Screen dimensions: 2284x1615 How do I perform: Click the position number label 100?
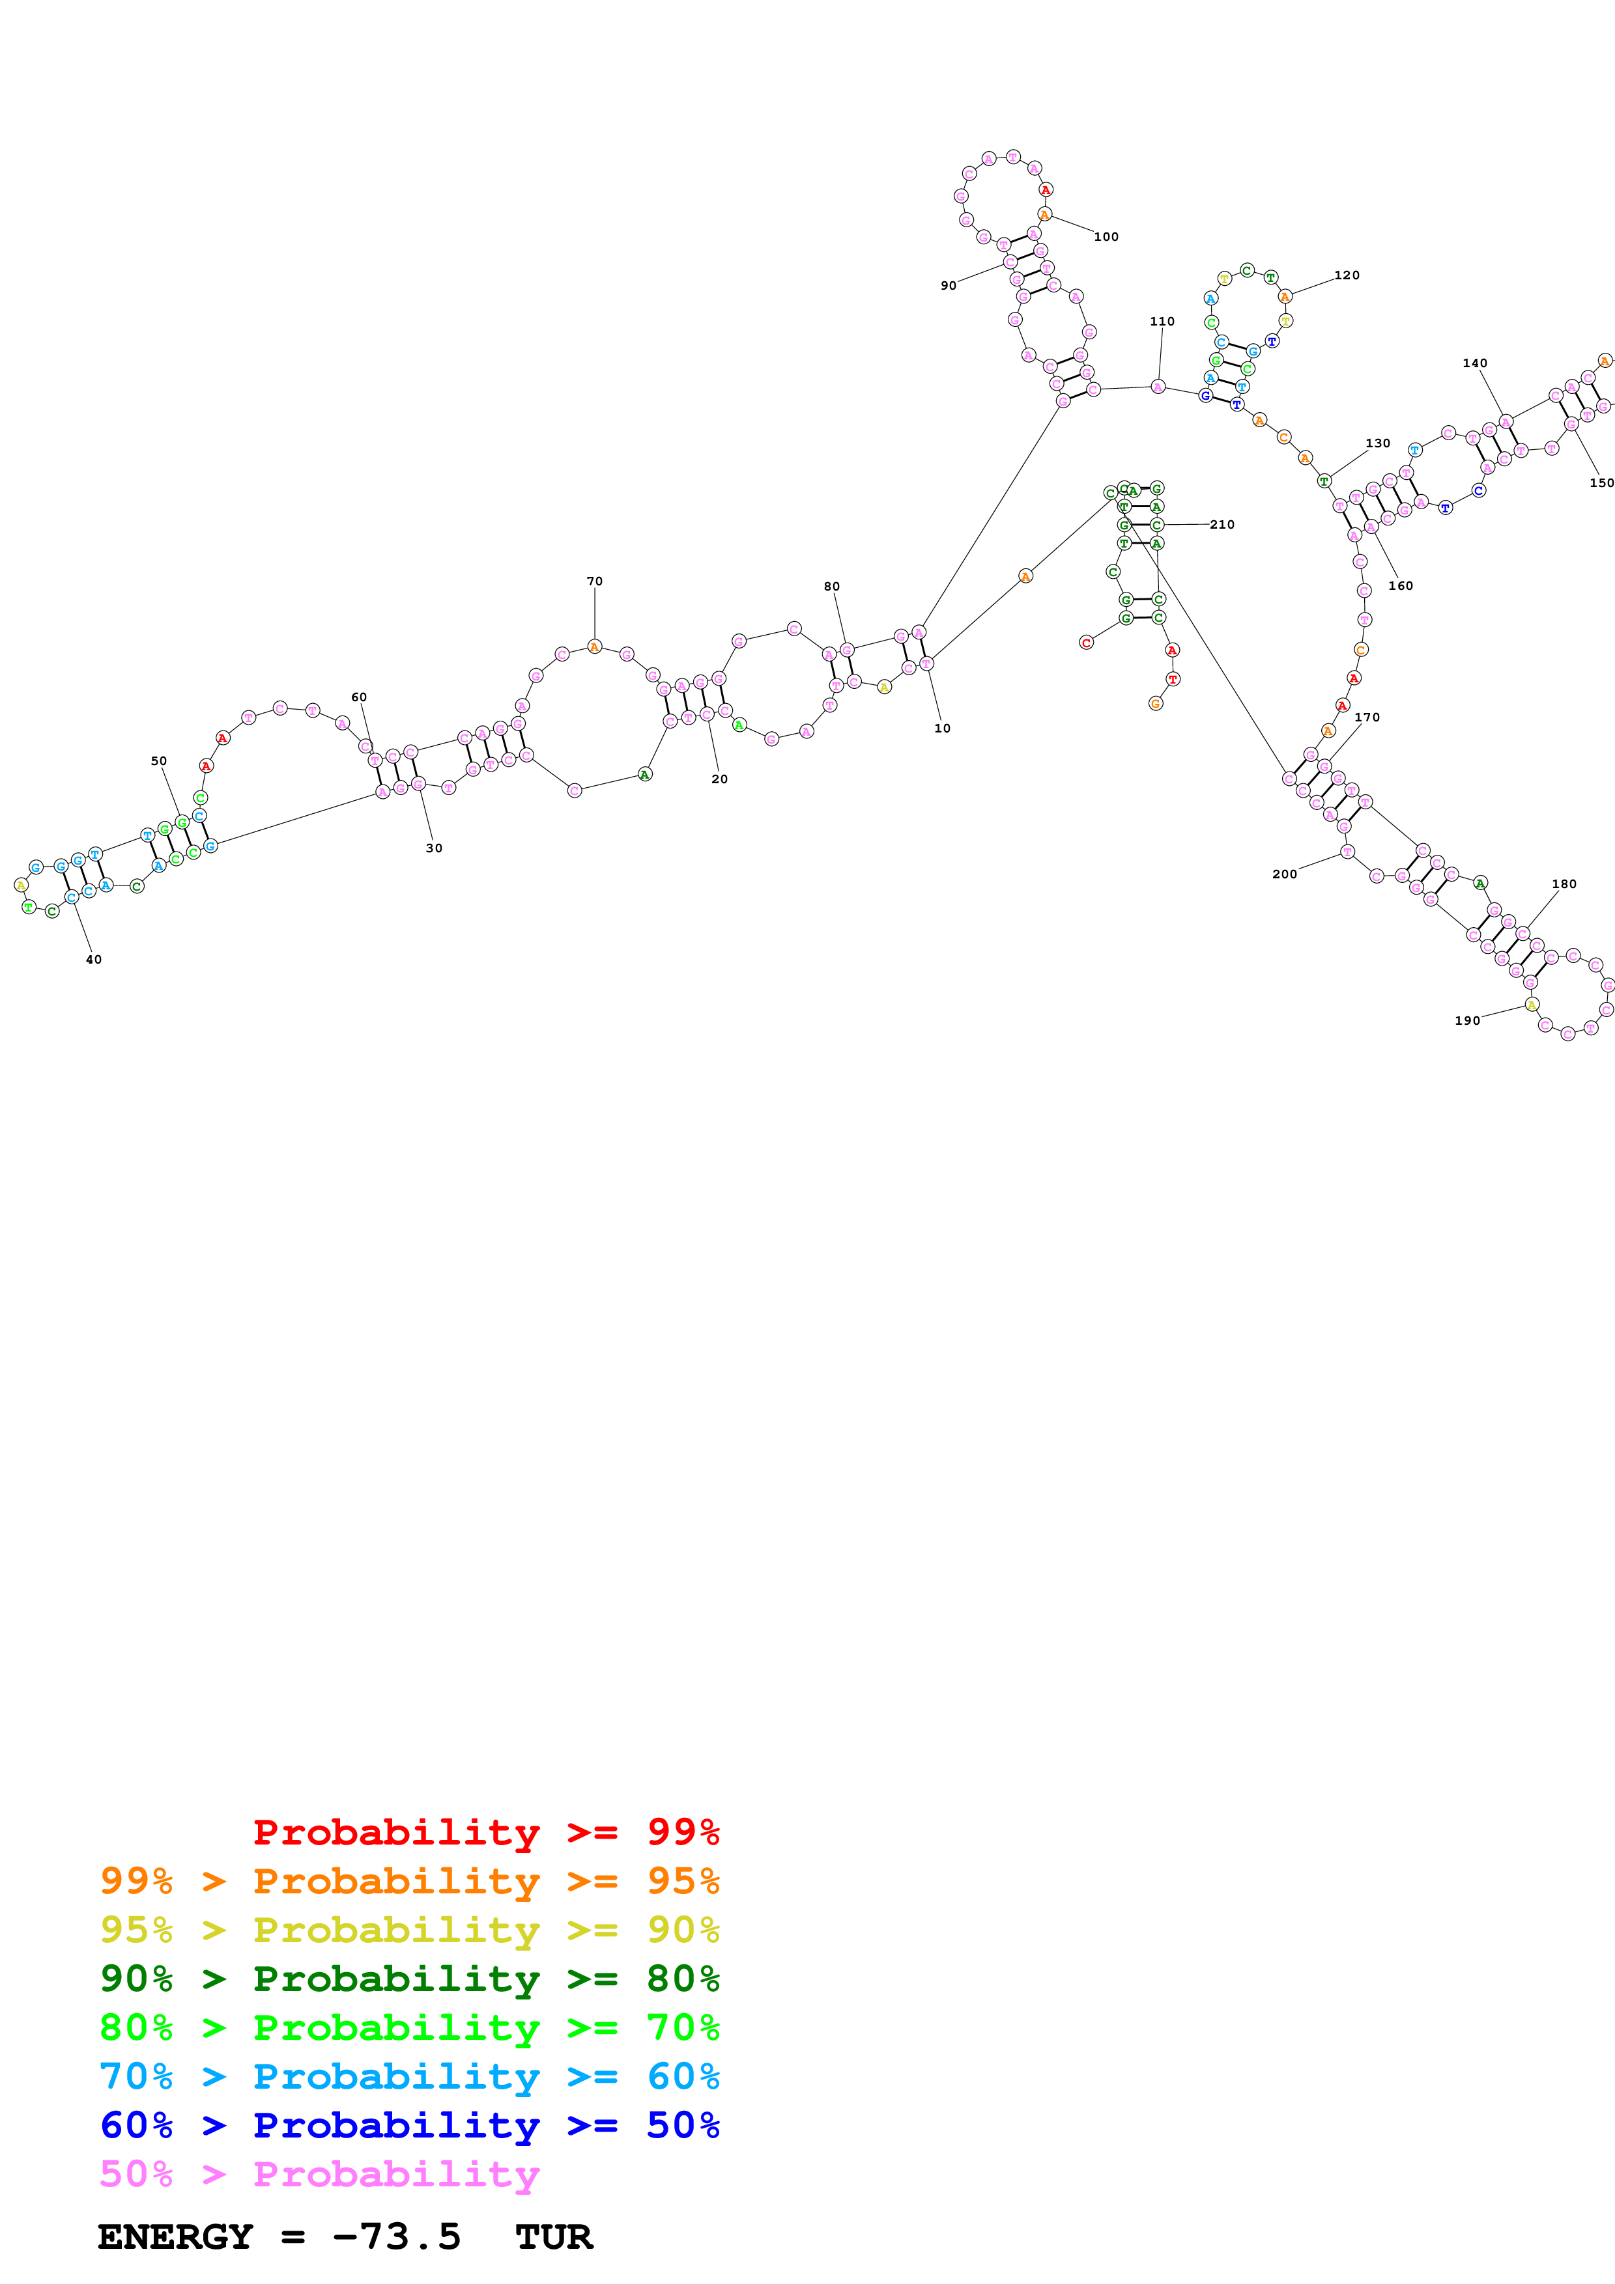point(1106,237)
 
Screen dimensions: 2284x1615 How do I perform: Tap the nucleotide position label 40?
point(94,960)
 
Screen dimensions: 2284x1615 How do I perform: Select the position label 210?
point(1222,524)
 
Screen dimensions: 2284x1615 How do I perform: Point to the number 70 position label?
point(594,581)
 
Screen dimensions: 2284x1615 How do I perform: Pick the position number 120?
point(1347,275)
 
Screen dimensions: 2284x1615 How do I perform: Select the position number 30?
point(434,848)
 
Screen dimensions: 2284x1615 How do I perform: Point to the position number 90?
point(949,285)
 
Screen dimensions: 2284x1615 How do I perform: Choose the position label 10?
point(942,728)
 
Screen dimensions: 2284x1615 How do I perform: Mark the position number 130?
point(1377,443)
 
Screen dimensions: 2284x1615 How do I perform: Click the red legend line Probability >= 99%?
point(485,1832)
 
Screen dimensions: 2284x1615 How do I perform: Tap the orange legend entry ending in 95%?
point(409,1881)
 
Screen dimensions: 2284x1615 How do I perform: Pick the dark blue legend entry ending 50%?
point(409,2126)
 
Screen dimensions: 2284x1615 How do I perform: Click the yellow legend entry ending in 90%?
point(409,1930)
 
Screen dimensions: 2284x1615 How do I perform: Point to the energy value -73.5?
point(396,2237)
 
